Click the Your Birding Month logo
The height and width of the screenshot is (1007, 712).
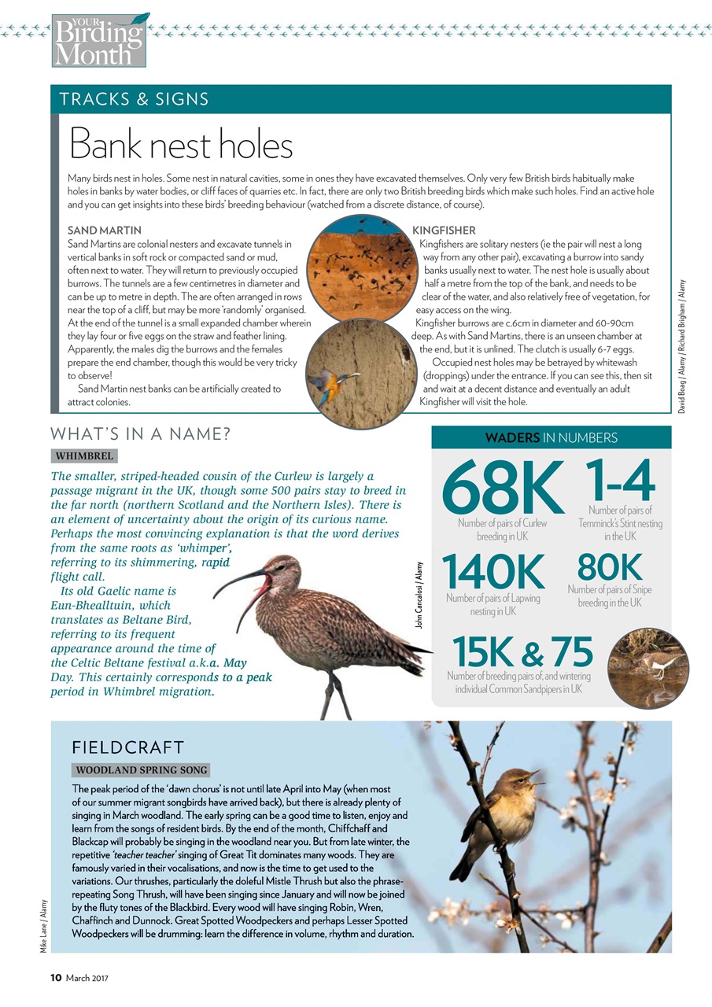pyautogui.click(x=99, y=39)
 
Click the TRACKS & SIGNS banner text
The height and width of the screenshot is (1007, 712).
pyautogui.click(x=135, y=99)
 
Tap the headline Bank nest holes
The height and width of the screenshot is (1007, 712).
pyautogui.click(x=181, y=145)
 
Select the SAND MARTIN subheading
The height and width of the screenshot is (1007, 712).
pyautogui.click(x=105, y=231)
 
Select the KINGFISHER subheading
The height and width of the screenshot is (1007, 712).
pyautogui.click(x=444, y=231)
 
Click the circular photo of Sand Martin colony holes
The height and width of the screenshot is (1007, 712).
pyautogui.click(x=360, y=266)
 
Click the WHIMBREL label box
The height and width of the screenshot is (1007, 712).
pyautogui.click(x=84, y=456)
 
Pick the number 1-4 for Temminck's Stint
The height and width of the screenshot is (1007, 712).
pyautogui.click(x=620, y=479)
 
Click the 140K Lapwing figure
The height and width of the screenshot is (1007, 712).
pyautogui.click(x=493, y=572)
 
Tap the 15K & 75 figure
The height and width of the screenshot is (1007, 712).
pyautogui.click(x=523, y=651)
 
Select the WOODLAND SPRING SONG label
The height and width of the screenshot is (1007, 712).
pyautogui.click(x=142, y=769)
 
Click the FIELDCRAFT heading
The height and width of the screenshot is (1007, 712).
pyautogui.click(x=127, y=747)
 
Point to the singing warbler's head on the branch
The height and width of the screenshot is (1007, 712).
pyautogui.click(x=523, y=782)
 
